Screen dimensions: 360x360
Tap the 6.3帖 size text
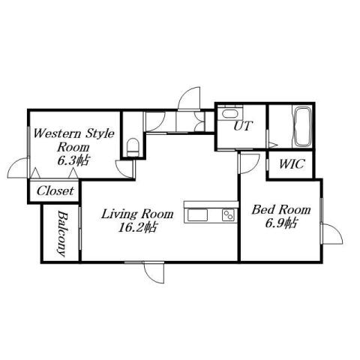[x=72, y=161]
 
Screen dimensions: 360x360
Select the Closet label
[x=55, y=191]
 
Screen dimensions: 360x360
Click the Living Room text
[x=137, y=214]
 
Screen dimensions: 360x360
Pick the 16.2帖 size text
[x=137, y=227]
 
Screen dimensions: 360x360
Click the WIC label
[x=291, y=164]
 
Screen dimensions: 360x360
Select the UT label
[x=241, y=126]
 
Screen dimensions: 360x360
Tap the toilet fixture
[x=132, y=145]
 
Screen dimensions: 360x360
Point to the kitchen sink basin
[x=197, y=216]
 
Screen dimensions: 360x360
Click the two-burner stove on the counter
[x=226, y=216]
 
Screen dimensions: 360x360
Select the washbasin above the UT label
[x=228, y=113]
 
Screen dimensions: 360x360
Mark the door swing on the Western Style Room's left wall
[x=20, y=167]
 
